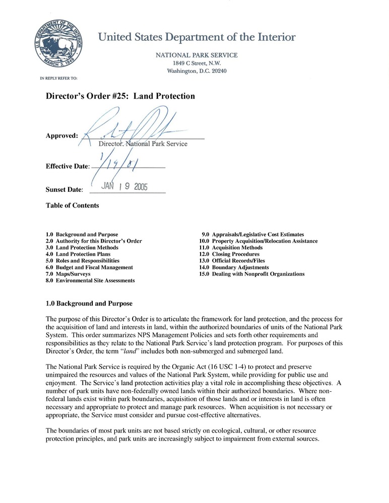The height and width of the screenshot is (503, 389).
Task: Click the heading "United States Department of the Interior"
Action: tap(197, 37)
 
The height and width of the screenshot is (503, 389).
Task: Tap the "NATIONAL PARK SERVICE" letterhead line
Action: tap(197, 55)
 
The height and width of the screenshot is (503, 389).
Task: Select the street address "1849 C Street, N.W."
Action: tap(197, 63)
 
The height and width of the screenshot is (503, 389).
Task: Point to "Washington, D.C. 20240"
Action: tap(197, 71)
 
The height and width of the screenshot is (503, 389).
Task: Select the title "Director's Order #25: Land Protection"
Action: tap(120, 96)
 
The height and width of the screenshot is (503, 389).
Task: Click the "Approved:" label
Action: tap(61, 135)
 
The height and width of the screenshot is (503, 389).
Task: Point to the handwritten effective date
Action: tap(118, 162)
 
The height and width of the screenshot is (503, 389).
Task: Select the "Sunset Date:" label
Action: tap(64, 190)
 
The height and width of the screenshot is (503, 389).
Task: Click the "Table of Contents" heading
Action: tap(73, 205)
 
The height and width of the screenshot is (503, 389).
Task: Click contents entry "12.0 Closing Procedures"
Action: tap(229, 254)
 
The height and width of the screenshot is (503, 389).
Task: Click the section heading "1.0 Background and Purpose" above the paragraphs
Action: tap(89, 304)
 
